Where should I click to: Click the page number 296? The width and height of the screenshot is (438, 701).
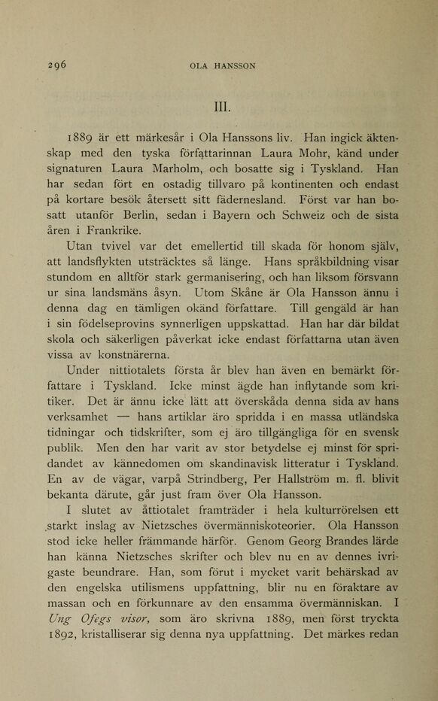[x=56, y=65]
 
